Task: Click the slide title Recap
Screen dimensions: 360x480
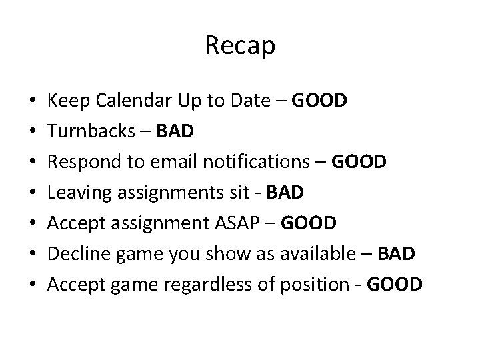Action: click(240, 46)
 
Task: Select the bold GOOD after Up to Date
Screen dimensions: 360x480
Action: click(320, 101)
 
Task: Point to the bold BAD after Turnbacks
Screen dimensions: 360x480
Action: click(175, 131)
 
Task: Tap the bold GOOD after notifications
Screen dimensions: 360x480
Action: click(358, 162)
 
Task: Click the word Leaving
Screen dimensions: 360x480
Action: click(75, 193)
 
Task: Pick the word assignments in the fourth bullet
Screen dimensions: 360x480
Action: click(157, 193)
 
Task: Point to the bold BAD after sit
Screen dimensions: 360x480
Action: click(285, 193)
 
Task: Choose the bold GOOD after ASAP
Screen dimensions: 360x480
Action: click(309, 223)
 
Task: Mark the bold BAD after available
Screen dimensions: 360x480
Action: click(396, 254)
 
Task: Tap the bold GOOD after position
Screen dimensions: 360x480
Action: click(394, 285)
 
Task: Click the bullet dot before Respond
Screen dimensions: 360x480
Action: click(33, 163)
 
